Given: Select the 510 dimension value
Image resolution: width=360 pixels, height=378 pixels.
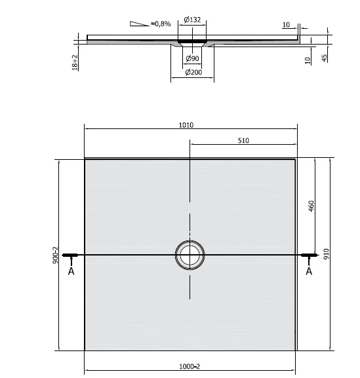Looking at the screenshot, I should click(243, 140).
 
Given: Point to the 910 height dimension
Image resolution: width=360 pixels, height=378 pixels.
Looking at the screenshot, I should click(325, 254).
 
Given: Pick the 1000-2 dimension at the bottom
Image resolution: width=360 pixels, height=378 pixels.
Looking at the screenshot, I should click(190, 366).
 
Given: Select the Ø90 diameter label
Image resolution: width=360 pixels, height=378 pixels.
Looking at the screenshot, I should click(193, 59).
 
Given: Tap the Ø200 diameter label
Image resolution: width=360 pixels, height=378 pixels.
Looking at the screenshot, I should click(193, 73).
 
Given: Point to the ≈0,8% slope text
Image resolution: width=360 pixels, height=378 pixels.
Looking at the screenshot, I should click(161, 24).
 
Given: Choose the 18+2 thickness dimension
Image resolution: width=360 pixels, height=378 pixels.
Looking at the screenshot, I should click(76, 63).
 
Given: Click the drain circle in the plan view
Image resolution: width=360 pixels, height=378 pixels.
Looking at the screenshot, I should click(190, 254).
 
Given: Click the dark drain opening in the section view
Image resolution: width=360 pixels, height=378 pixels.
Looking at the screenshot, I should click(193, 40).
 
